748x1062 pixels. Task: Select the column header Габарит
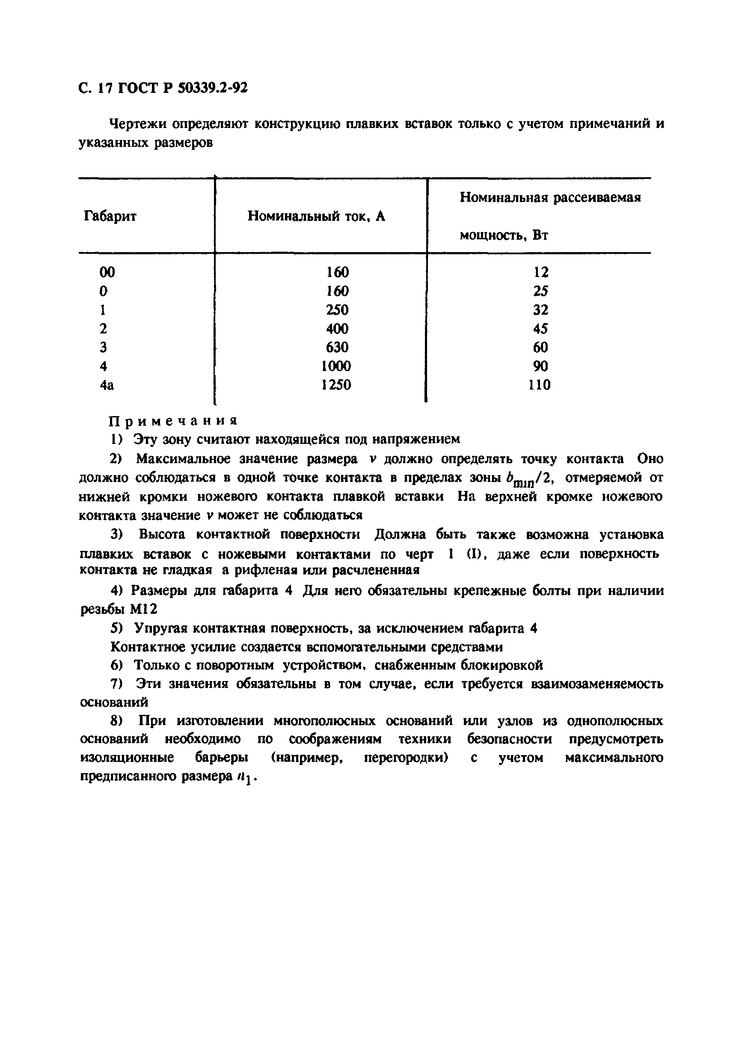(110, 216)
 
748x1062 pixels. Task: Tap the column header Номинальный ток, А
(316, 216)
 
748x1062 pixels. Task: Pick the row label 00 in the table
(107, 272)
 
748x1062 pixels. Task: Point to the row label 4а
(107, 385)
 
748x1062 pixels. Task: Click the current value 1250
(336, 385)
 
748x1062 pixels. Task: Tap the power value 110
(540, 385)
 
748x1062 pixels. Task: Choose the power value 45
(540, 328)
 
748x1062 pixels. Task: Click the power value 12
(540, 272)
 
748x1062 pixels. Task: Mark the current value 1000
(336, 366)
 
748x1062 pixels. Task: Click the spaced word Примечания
(173, 420)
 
